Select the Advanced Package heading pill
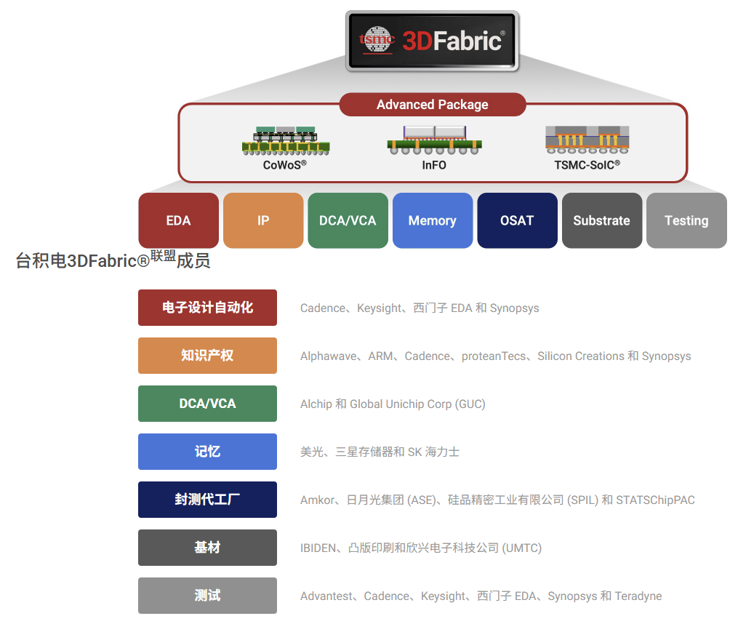pos(432,105)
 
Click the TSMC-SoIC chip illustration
pos(587,140)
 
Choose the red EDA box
pos(178,220)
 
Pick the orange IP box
pos(263,220)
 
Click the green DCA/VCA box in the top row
pos(348,220)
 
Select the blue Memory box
pos(432,220)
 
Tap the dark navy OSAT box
pos(517,220)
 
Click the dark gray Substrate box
pos(601,220)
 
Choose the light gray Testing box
pos(686,220)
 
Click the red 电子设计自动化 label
pos(207,308)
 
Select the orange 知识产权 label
pos(207,356)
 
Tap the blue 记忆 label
pos(207,452)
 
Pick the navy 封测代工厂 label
pos(207,500)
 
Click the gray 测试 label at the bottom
pos(207,596)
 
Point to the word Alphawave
pos(329,356)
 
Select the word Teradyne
pos(638,596)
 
